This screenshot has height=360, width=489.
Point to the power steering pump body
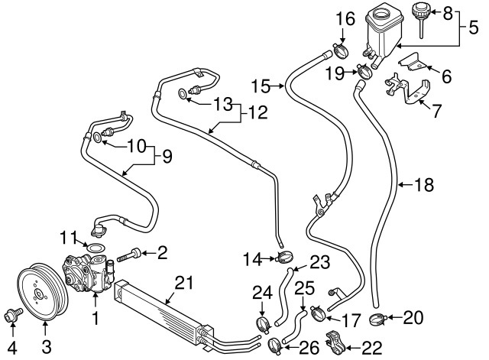tap(89, 271)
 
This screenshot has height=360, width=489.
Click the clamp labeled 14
tap(283, 257)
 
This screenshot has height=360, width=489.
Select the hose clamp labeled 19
tap(364, 73)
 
